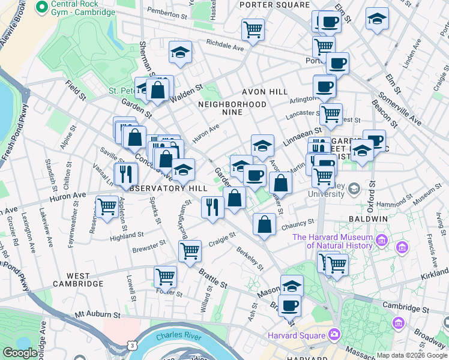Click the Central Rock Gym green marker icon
point(42,7)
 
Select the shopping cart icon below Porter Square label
point(253,29)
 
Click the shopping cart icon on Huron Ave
point(107,208)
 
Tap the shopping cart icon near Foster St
point(165,277)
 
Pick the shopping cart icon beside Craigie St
point(190,250)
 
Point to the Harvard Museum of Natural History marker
point(382,242)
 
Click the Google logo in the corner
point(20,353)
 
